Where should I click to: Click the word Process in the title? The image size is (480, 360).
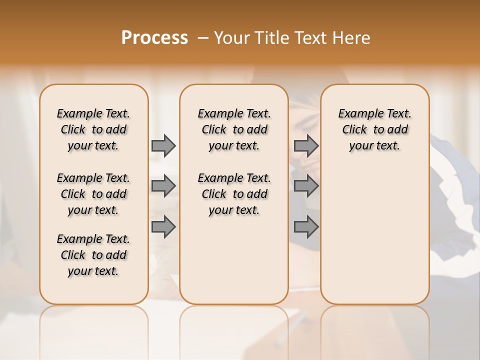coord(154,38)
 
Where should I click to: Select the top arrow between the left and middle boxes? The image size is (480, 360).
coord(163,145)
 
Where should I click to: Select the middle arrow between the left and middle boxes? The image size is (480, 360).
coord(163,186)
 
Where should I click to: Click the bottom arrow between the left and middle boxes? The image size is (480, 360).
coord(163,227)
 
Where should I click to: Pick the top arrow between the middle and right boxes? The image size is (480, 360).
coord(306,145)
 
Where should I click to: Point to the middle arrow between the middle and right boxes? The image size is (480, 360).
coord(306,186)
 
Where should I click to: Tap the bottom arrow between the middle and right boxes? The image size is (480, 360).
coord(306,227)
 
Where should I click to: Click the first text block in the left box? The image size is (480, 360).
coord(93,129)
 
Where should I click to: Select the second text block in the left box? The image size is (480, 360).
coord(93,194)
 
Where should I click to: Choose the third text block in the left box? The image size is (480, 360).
coord(93,255)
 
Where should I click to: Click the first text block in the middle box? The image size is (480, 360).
coord(234,129)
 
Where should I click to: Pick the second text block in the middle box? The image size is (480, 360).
coord(234,194)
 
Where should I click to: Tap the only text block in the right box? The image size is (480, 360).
coord(374,129)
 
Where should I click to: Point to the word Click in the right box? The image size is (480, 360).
coord(354,130)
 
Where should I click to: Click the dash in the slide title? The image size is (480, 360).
coord(203,38)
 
